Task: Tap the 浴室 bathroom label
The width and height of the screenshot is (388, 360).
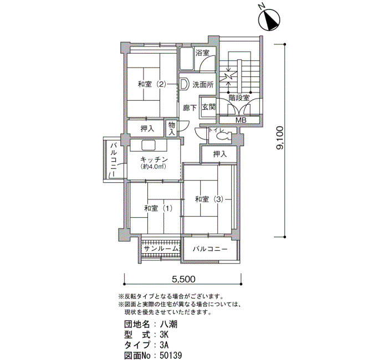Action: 202,53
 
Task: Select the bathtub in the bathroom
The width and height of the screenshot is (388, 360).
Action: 186,58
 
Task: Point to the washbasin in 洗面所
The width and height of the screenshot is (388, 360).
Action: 183,84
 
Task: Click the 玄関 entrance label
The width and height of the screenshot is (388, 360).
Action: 209,107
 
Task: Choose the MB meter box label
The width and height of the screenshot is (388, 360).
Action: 241,120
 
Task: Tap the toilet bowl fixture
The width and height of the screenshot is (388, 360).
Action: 223,136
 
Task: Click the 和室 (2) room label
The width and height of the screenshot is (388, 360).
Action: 151,85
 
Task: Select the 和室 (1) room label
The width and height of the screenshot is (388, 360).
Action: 158,208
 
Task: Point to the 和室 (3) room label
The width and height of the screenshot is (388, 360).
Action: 209,199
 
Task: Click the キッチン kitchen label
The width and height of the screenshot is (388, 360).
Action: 154,160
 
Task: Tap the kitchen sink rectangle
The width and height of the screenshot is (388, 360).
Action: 149,145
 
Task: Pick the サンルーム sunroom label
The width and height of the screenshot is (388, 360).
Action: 161,249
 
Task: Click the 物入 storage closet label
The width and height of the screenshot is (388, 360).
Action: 171,128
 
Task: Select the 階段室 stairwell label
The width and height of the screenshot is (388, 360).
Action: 239,97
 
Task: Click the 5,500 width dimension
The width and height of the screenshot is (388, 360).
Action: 183,279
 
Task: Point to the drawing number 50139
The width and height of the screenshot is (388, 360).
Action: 171,356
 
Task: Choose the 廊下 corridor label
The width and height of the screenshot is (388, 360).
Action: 190,108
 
